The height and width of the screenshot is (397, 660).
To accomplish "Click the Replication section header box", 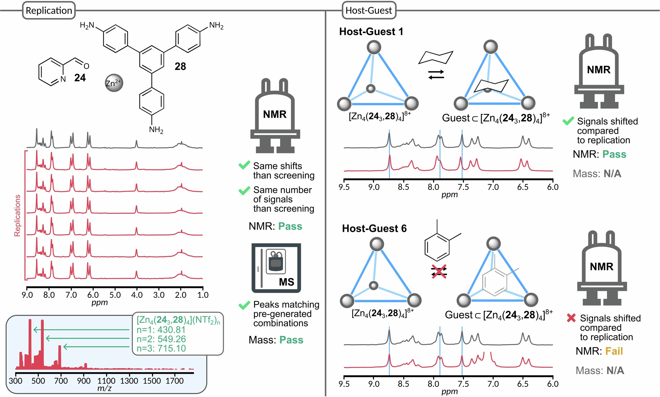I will tap(49, 11).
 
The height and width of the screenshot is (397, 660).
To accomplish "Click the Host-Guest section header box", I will tap(368, 11).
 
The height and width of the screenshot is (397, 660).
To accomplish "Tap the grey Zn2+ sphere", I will tap(114, 83).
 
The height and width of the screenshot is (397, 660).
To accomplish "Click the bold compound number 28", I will tap(180, 66).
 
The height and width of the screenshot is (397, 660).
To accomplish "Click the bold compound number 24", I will tap(80, 78).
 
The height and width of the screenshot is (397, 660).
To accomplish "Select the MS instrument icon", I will tap(276, 268).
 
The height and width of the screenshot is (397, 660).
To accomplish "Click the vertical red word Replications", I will tap(17, 215).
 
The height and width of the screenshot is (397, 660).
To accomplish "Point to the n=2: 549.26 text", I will tap(161, 339).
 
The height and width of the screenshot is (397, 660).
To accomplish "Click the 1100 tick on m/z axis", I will tap(106, 381).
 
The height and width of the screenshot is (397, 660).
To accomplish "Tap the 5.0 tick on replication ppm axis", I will tap(115, 295).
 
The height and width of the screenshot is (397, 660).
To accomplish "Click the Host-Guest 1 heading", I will tap(371, 32).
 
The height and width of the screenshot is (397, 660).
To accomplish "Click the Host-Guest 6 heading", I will tap(374, 228).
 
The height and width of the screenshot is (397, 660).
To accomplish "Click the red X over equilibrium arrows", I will tap(439, 272).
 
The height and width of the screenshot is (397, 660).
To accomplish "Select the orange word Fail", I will tap(614, 351).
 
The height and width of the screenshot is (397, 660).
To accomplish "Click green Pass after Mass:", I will tap(291, 340).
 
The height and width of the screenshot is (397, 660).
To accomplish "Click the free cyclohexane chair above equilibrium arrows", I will tap(436, 57).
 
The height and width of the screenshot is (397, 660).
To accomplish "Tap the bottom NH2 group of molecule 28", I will tap(156, 129).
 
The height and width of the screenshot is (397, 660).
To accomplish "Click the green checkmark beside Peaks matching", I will tap(244, 305).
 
